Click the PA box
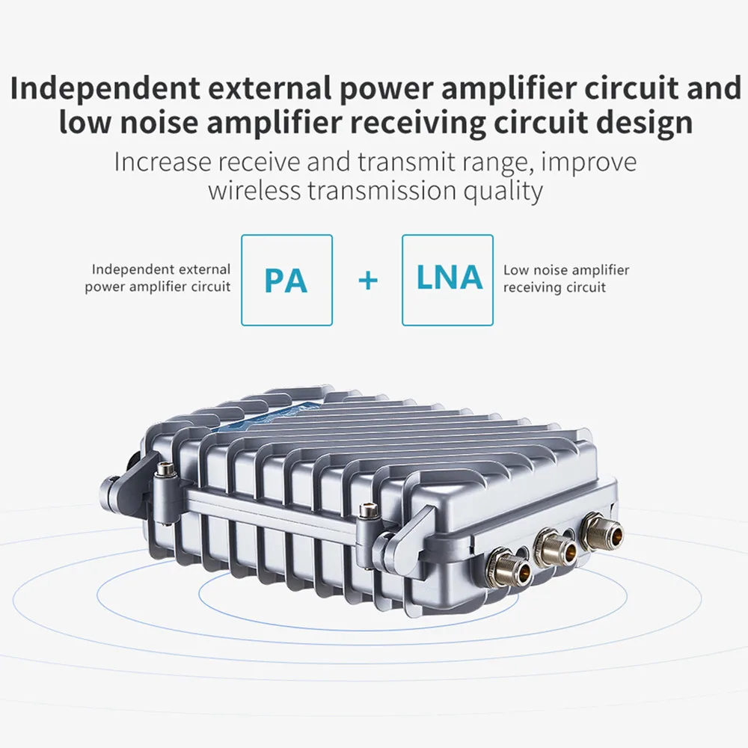tap(286, 280)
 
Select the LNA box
tap(447, 280)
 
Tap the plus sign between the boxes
tap(368, 280)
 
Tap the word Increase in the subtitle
tap(162, 162)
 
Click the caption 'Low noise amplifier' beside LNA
tap(566, 270)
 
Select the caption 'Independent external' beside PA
tap(161, 269)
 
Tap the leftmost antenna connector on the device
tap(510, 567)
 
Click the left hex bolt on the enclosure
tap(165, 470)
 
